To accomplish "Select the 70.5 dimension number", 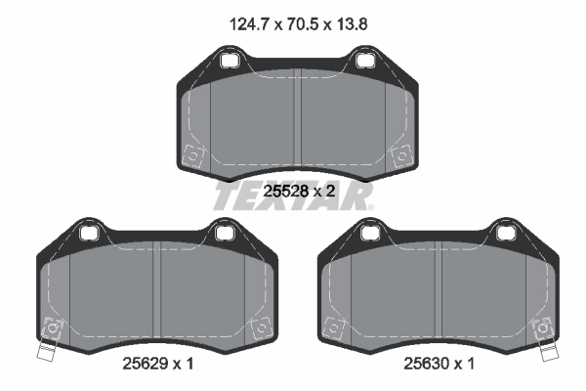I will [295, 21].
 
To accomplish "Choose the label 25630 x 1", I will [437, 364].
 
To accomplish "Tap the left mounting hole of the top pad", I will [231, 62].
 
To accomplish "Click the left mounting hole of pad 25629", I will [91, 233].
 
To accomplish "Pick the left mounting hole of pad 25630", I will [369, 233].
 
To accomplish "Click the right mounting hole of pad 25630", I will [504, 233].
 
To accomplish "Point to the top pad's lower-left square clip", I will [194, 155].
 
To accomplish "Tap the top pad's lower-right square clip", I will [399, 155].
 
